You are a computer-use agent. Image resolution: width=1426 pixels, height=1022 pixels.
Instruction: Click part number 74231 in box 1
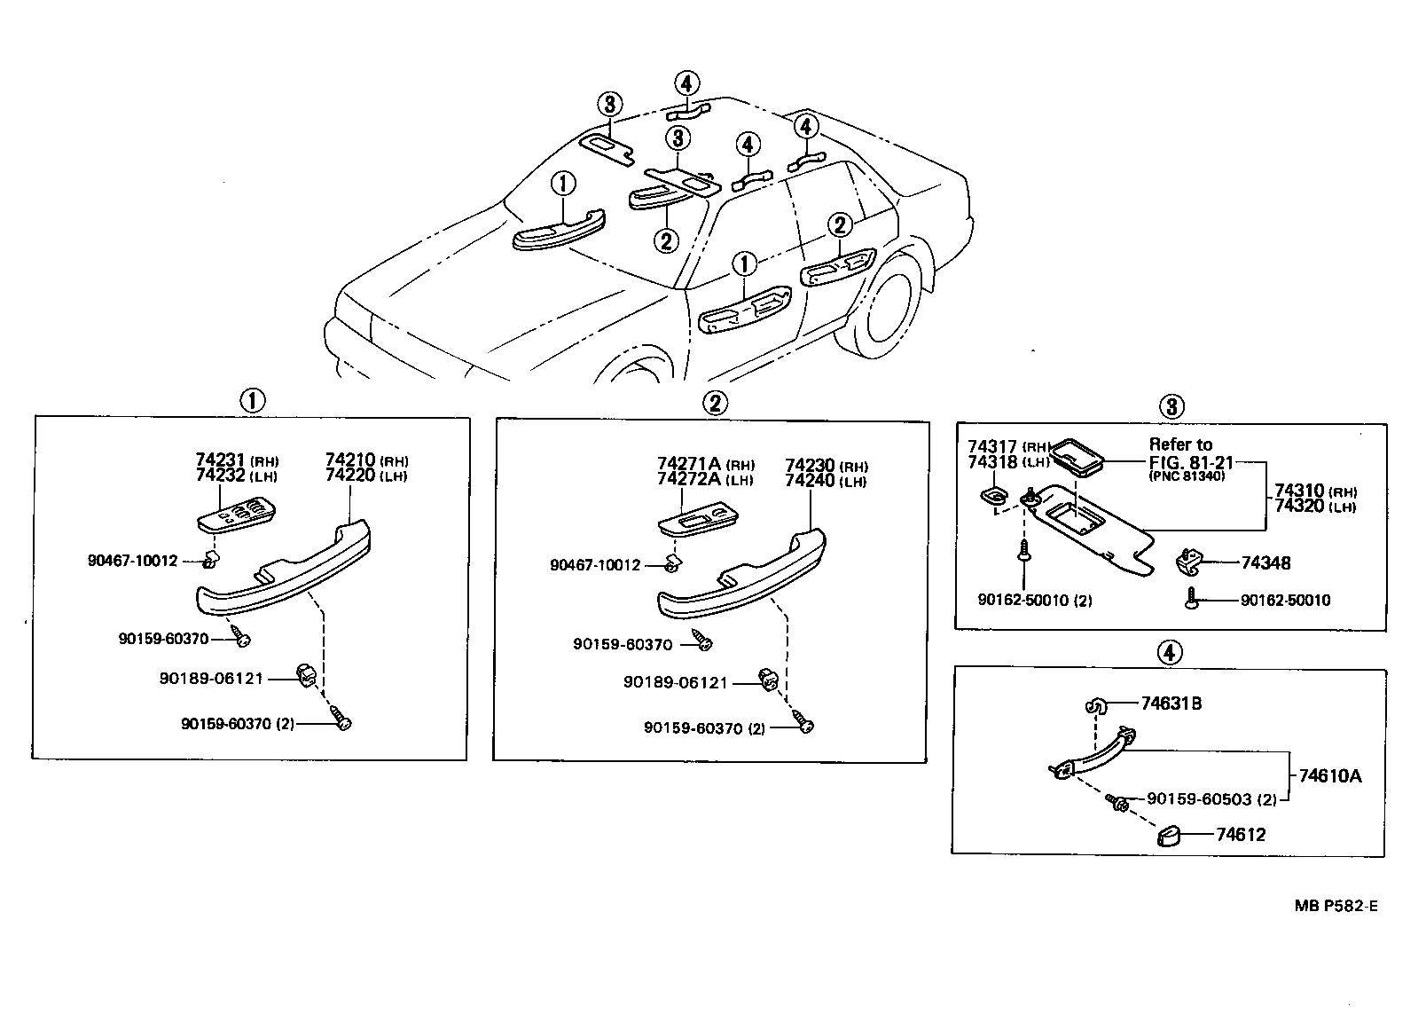click(x=221, y=460)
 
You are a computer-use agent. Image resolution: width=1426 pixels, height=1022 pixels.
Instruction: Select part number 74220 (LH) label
click(x=352, y=476)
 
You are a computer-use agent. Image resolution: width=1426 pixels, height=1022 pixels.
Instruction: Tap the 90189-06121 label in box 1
click(x=211, y=679)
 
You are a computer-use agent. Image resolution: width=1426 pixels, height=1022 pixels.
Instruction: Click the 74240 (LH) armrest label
click(x=811, y=481)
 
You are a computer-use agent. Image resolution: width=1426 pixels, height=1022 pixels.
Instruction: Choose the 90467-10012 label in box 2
click(x=594, y=565)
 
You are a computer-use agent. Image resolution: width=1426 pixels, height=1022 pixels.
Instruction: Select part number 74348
click(x=1265, y=563)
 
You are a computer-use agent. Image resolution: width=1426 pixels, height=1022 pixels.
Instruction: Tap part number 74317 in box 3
click(x=993, y=447)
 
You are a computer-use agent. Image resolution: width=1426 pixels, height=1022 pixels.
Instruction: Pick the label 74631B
click(x=1171, y=704)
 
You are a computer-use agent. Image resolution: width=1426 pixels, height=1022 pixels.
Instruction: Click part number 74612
click(x=1240, y=835)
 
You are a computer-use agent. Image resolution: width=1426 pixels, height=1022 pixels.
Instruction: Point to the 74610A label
click(x=1329, y=776)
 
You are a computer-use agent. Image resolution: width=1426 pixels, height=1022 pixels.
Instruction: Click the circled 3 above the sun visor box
click(x=1171, y=407)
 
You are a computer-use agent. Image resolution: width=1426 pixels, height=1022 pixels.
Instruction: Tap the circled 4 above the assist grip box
click(x=1169, y=653)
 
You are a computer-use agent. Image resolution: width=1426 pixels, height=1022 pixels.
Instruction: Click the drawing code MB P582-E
click(x=1335, y=906)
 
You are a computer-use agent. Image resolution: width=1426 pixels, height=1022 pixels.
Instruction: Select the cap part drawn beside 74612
click(x=1171, y=836)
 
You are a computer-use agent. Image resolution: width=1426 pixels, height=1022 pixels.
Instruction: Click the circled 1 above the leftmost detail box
click(x=252, y=400)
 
